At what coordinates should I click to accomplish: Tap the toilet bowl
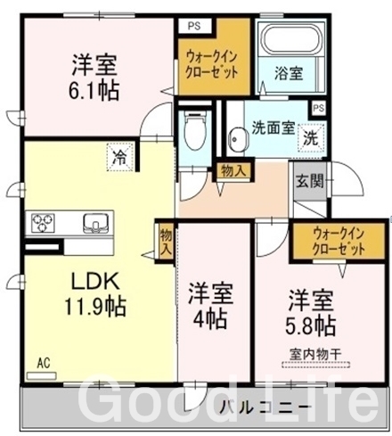[x=194, y=132]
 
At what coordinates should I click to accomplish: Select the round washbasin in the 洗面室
[x=238, y=139]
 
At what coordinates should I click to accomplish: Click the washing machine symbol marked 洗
[x=310, y=138]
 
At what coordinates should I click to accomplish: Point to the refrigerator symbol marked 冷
[x=120, y=157]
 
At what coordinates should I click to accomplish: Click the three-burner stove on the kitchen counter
[x=43, y=222]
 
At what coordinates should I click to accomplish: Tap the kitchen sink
[x=95, y=223]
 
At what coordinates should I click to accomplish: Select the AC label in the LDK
[x=44, y=363]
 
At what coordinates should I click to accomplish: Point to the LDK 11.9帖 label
[x=95, y=293]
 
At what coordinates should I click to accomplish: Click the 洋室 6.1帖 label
[x=94, y=77]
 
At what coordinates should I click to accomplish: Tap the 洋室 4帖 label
[x=210, y=306]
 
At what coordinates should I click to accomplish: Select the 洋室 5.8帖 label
[x=311, y=312]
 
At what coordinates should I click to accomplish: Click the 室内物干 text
[x=315, y=355]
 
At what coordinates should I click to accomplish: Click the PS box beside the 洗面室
[x=319, y=108]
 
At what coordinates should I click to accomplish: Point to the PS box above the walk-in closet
[x=194, y=26]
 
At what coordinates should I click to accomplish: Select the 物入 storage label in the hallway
[x=233, y=171]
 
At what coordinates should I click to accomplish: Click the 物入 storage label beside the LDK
[x=166, y=243]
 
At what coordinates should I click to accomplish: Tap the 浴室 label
[x=289, y=73]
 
